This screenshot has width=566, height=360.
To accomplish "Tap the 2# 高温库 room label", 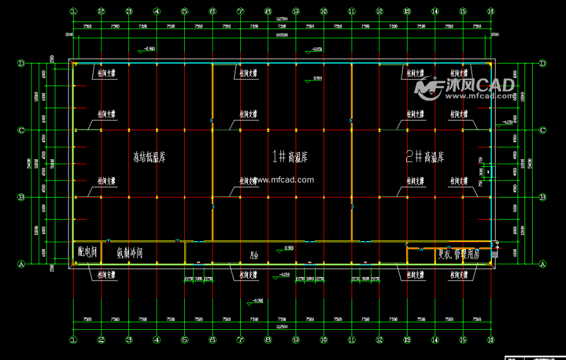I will pyautogui.click(x=425, y=156).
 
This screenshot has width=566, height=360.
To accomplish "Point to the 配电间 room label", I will pyautogui.click(x=87, y=253).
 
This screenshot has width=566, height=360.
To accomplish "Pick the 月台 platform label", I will pyautogui.click(x=253, y=256).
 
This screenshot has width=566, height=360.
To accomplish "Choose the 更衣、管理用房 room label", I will pyautogui.click(x=458, y=256).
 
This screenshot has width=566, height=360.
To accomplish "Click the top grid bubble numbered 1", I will pyautogui.click(x=73, y=11).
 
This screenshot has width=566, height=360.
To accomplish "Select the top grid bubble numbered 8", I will pyautogui.click(x=268, y=11).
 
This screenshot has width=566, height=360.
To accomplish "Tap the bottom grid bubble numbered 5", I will pyautogui.click(x=184, y=340).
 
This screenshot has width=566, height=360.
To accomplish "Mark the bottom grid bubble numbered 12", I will pyautogui.click(x=379, y=340).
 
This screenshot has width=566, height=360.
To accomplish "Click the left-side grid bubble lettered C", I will pyautogui.click(x=21, y=130).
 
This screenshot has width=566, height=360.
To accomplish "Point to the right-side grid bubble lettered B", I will pyautogui.click(x=543, y=197).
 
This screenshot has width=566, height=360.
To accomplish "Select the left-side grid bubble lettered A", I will pyautogui.click(x=21, y=264).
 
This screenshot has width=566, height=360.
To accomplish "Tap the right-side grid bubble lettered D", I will pyautogui.click(x=543, y=63).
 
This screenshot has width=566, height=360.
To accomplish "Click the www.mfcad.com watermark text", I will pyautogui.click(x=284, y=180).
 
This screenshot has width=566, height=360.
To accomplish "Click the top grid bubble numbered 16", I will pyautogui.click(x=491, y=11).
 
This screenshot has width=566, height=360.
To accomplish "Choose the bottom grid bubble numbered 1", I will pyautogui.click(x=73, y=340).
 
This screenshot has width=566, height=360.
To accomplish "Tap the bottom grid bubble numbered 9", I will pyautogui.click(x=296, y=340).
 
